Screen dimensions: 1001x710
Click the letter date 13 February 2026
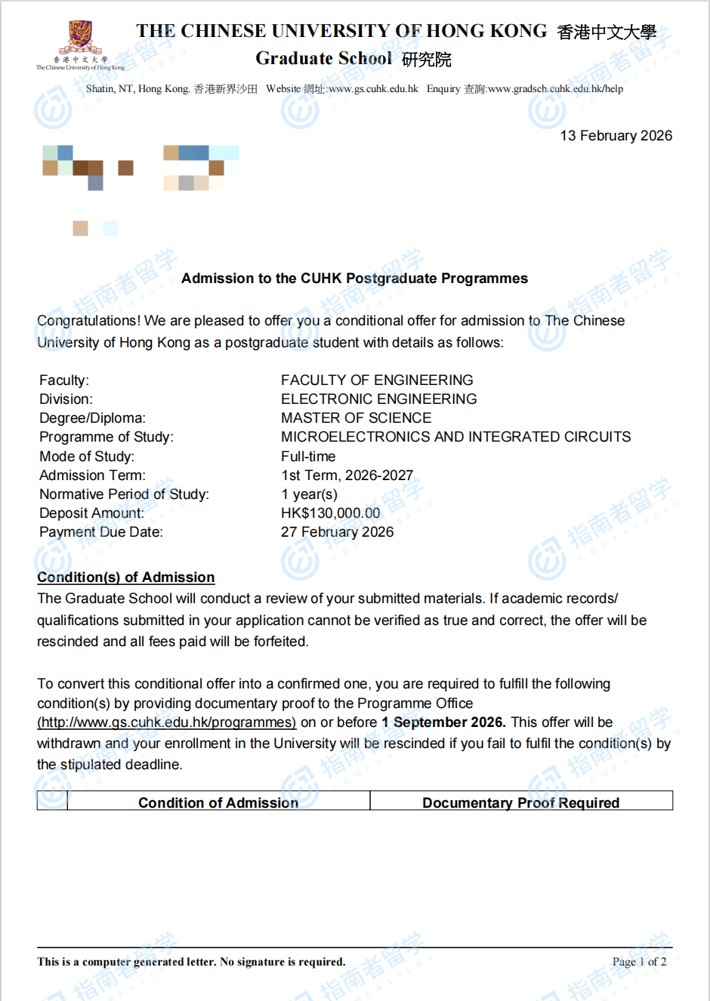[x=616, y=136]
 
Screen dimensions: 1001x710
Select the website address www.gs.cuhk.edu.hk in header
[x=373, y=89]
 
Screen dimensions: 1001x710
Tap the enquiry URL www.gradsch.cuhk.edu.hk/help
[x=555, y=89]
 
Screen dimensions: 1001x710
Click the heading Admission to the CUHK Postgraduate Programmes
[x=354, y=279]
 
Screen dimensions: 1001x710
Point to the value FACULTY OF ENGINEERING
[x=377, y=380]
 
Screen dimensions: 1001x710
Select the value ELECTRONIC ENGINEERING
[x=378, y=399]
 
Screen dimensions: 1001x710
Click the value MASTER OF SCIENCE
[x=356, y=418]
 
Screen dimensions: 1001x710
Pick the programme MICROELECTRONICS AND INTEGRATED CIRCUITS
[x=455, y=437]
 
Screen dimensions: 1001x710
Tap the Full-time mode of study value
[x=308, y=457]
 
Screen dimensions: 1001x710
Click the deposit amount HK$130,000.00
[x=330, y=513]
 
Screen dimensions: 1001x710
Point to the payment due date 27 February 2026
[x=337, y=532]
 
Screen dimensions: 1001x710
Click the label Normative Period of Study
[x=124, y=494]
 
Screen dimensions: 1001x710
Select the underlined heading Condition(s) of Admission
[x=125, y=577]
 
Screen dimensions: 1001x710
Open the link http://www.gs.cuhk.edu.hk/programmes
[x=166, y=722]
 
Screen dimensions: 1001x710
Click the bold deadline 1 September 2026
[x=443, y=722]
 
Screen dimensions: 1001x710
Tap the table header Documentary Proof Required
[x=520, y=802]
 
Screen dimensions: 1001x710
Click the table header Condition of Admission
[x=218, y=802]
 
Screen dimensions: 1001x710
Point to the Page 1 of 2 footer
[x=639, y=962]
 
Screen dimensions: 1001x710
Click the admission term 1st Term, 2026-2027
[x=347, y=476]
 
